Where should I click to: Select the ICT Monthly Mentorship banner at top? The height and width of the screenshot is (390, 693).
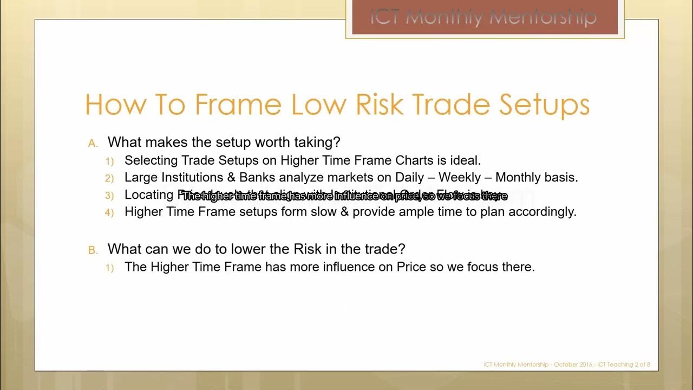click(x=484, y=17)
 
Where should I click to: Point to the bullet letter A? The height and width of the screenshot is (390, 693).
click(x=93, y=144)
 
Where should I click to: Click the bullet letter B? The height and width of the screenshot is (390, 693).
click(x=93, y=250)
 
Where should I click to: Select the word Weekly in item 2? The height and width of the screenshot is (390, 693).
click(x=461, y=178)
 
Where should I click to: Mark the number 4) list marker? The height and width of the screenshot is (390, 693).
click(x=109, y=212)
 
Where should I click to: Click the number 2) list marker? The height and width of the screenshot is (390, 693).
click(x=109, y=178)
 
